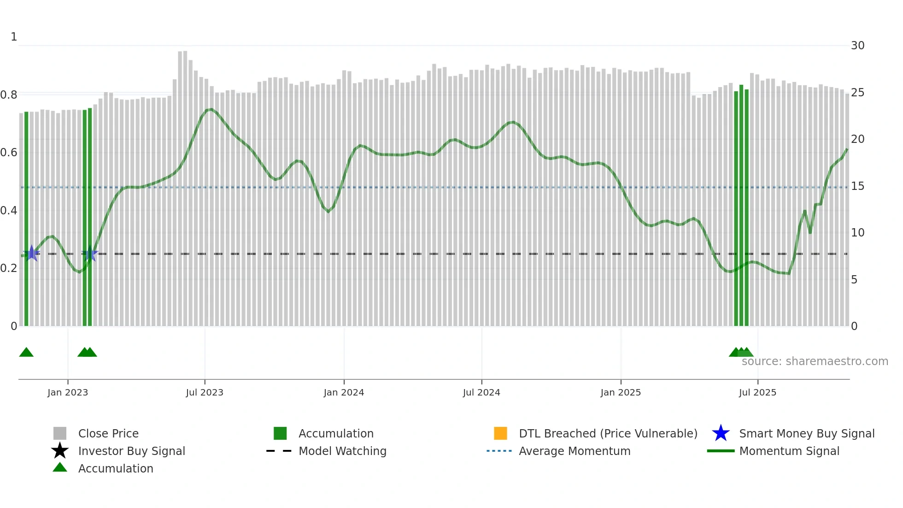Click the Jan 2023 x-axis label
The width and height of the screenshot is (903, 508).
point(67,392)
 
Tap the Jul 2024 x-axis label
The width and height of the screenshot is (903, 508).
point(481,392)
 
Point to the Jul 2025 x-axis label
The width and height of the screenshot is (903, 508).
point(757,392)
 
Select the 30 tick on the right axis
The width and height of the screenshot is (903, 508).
point(857,46)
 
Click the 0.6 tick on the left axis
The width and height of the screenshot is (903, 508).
point(9,153)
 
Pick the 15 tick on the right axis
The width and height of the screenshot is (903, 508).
point(857,186)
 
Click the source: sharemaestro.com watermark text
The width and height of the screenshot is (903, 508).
point(815,361)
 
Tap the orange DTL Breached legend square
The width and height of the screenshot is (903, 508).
point(500,433)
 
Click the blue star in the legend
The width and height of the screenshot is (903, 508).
point(721,433)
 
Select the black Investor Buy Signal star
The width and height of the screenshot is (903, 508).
point(60,451)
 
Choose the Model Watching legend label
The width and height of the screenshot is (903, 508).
point(342,451)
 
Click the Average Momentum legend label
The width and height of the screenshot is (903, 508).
point(575,451)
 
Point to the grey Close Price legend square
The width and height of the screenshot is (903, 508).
point(60,433)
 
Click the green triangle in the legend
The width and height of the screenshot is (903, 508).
point(60,467)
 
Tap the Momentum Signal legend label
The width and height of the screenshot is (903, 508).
point(789,451)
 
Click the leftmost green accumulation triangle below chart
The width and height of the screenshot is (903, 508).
point(26,353)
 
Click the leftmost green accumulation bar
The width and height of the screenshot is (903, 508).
point(26,219)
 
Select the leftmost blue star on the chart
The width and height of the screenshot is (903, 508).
point(32,253)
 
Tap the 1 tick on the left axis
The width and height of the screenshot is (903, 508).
point(14,37)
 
